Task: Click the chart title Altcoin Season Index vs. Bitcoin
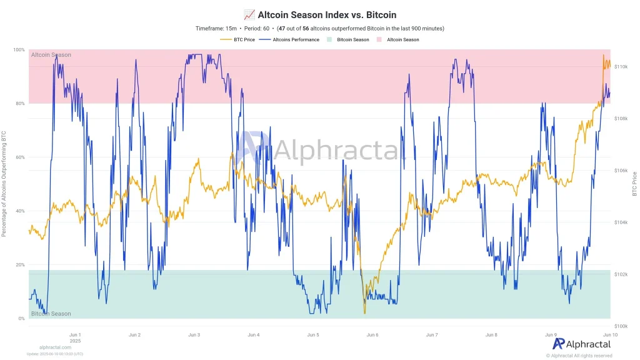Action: point(319,14)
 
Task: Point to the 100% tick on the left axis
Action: point(19,50)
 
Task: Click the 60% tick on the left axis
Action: point(20,157)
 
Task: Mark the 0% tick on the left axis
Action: point(21,319)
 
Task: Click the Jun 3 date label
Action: point(194,335)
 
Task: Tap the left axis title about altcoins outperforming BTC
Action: point(4,184)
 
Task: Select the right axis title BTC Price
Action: point(634,184)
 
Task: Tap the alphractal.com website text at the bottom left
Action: point(55,347)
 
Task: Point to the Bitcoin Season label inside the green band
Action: point(51,314)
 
